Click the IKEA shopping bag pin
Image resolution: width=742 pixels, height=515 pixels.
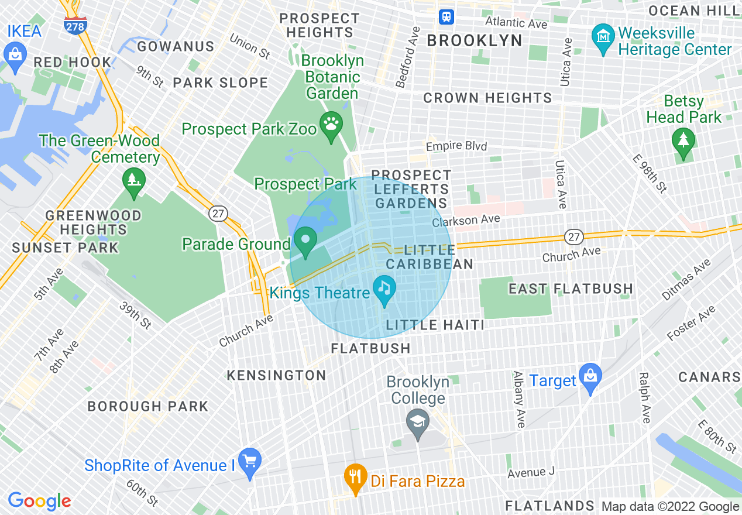point(15,54)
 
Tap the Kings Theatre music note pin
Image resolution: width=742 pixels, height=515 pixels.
point(384,289)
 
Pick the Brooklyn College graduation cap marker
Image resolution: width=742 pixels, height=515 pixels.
point(417,422)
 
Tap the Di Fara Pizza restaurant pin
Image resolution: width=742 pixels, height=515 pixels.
point(355,476)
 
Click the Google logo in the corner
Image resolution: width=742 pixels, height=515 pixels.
point(39,500)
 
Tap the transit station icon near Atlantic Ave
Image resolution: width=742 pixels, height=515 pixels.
point(448,16)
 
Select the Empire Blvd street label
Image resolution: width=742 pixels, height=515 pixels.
point(456,146)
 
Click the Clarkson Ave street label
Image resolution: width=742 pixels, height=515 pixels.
point(466,221)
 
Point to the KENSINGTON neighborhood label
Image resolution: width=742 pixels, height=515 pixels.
point(276,375)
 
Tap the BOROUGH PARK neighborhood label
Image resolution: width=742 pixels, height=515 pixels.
point(147,406)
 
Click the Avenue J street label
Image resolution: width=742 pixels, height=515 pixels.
point(531,472)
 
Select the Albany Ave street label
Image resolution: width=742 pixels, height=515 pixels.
point(518,399)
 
